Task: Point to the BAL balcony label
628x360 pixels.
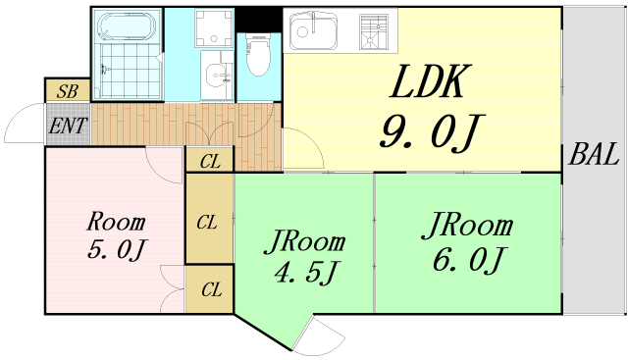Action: click(x=594, y=154)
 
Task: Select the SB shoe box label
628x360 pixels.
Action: click(x=67, y=90)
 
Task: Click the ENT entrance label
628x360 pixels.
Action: click(x=67, y=125)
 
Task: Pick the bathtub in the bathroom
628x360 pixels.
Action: click(x=128, y=26)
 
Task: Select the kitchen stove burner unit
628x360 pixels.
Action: click(x=374, y=32)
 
